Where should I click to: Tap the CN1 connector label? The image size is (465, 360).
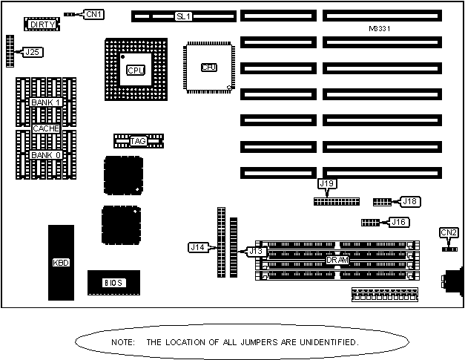click(x=94, y=14)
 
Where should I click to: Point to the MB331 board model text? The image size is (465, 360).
click(x=379, y=29)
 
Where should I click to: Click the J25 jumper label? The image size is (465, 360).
click(x=33, y=52)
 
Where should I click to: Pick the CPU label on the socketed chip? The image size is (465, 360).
click(x=135, y=71)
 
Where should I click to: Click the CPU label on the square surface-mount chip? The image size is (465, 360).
click(x=209, y=68)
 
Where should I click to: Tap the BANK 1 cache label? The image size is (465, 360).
click(x=45, y=102)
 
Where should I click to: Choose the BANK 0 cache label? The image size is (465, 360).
click(x=45, y=155)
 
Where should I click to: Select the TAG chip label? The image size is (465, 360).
click(x=138, y=141)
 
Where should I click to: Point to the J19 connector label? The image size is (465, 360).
click(x=327, y=183)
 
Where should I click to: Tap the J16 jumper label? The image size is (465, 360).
click(x=399, y=222)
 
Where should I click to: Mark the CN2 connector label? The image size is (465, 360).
click(x=449, y=232)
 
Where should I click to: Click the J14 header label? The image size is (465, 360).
click(x=197, y=246)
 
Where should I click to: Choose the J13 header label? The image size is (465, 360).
click(x=256, y=251)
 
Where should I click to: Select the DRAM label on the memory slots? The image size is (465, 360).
click(x=337, y=260)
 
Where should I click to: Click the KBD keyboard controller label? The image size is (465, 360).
click(x=61, y=263)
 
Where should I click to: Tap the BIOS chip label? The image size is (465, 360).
click(x=112, y=282)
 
